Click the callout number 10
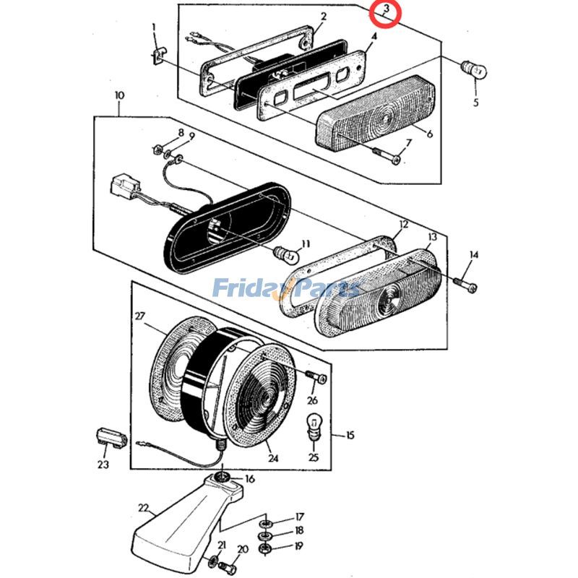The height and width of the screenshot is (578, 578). [119, 95]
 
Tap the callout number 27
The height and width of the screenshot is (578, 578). [139, 316]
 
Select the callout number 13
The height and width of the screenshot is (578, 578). [432, 238]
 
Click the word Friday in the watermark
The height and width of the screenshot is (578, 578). [249, 289]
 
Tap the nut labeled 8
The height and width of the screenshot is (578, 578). [158, 150]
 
